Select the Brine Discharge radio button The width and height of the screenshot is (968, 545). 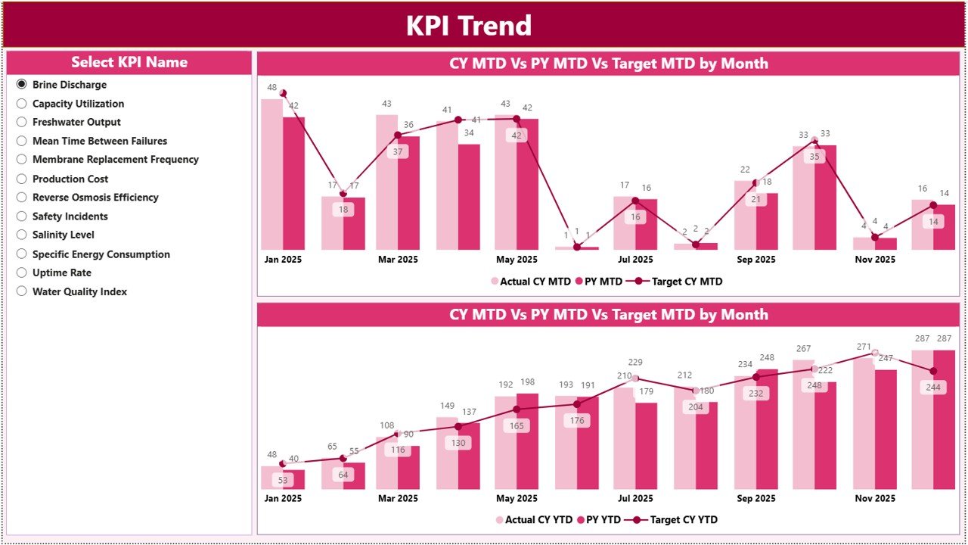point(22,85)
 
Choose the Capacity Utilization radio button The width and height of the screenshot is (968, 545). point(22,104)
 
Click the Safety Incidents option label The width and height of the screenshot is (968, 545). point(70,216)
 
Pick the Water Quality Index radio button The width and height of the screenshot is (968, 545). point(22,291)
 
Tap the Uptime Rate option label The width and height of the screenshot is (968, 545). point(61,272)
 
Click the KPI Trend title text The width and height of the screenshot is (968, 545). point(469,26)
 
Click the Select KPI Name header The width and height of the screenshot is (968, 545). point(129,63)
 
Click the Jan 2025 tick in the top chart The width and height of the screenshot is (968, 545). point(283,260)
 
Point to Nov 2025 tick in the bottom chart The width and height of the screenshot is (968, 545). point(875,499)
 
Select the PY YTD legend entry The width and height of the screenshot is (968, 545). point(600,520)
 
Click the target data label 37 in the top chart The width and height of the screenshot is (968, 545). point(398,151)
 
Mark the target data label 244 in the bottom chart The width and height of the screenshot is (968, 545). point(932,387)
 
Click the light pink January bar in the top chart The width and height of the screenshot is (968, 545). point(272,174)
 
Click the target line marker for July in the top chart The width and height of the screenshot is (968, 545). point(635,201)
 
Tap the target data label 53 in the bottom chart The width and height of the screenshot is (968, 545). point(282,480)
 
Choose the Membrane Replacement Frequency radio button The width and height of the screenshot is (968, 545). point(22,160)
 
